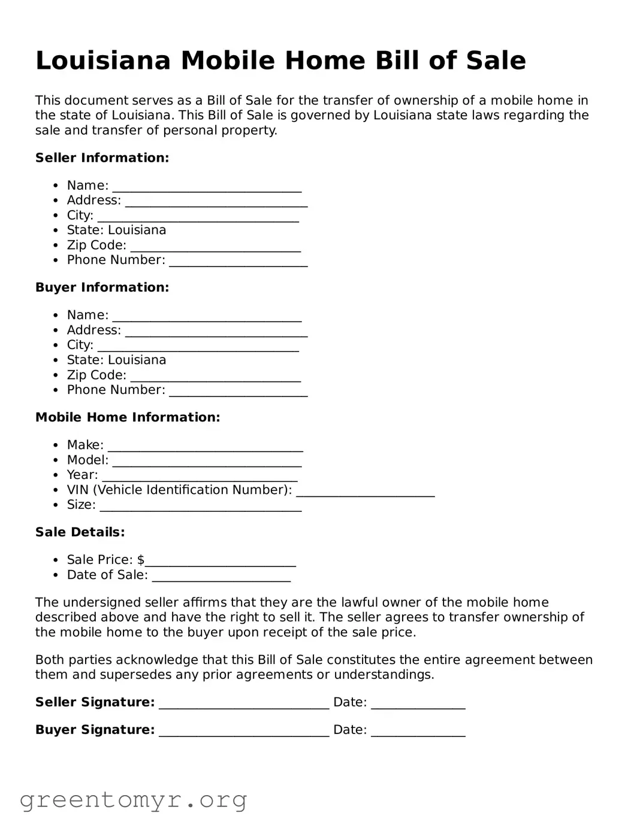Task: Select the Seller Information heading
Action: [x=102, y=158]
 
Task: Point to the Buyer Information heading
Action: [x=102, y=287]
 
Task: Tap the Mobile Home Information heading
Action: [x=128, y=417]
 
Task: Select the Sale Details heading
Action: [x=80, y=532]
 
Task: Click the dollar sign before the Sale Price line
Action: [x=141, y=560]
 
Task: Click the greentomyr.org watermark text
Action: [x=133, y=800]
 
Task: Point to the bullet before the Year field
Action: [x=55, y=475]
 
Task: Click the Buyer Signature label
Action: [x=95, y=730]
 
